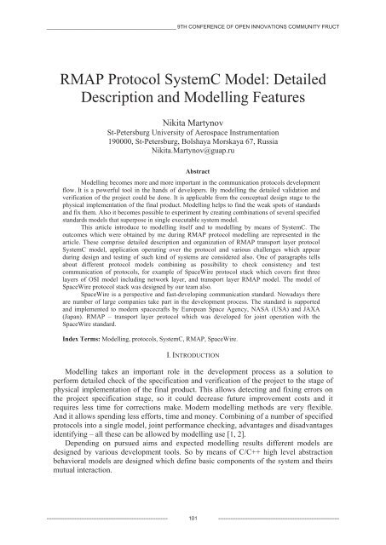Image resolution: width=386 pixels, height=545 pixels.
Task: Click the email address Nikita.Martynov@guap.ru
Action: pos(193,159)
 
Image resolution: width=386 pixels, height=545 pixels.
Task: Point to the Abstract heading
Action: pos(193,172)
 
